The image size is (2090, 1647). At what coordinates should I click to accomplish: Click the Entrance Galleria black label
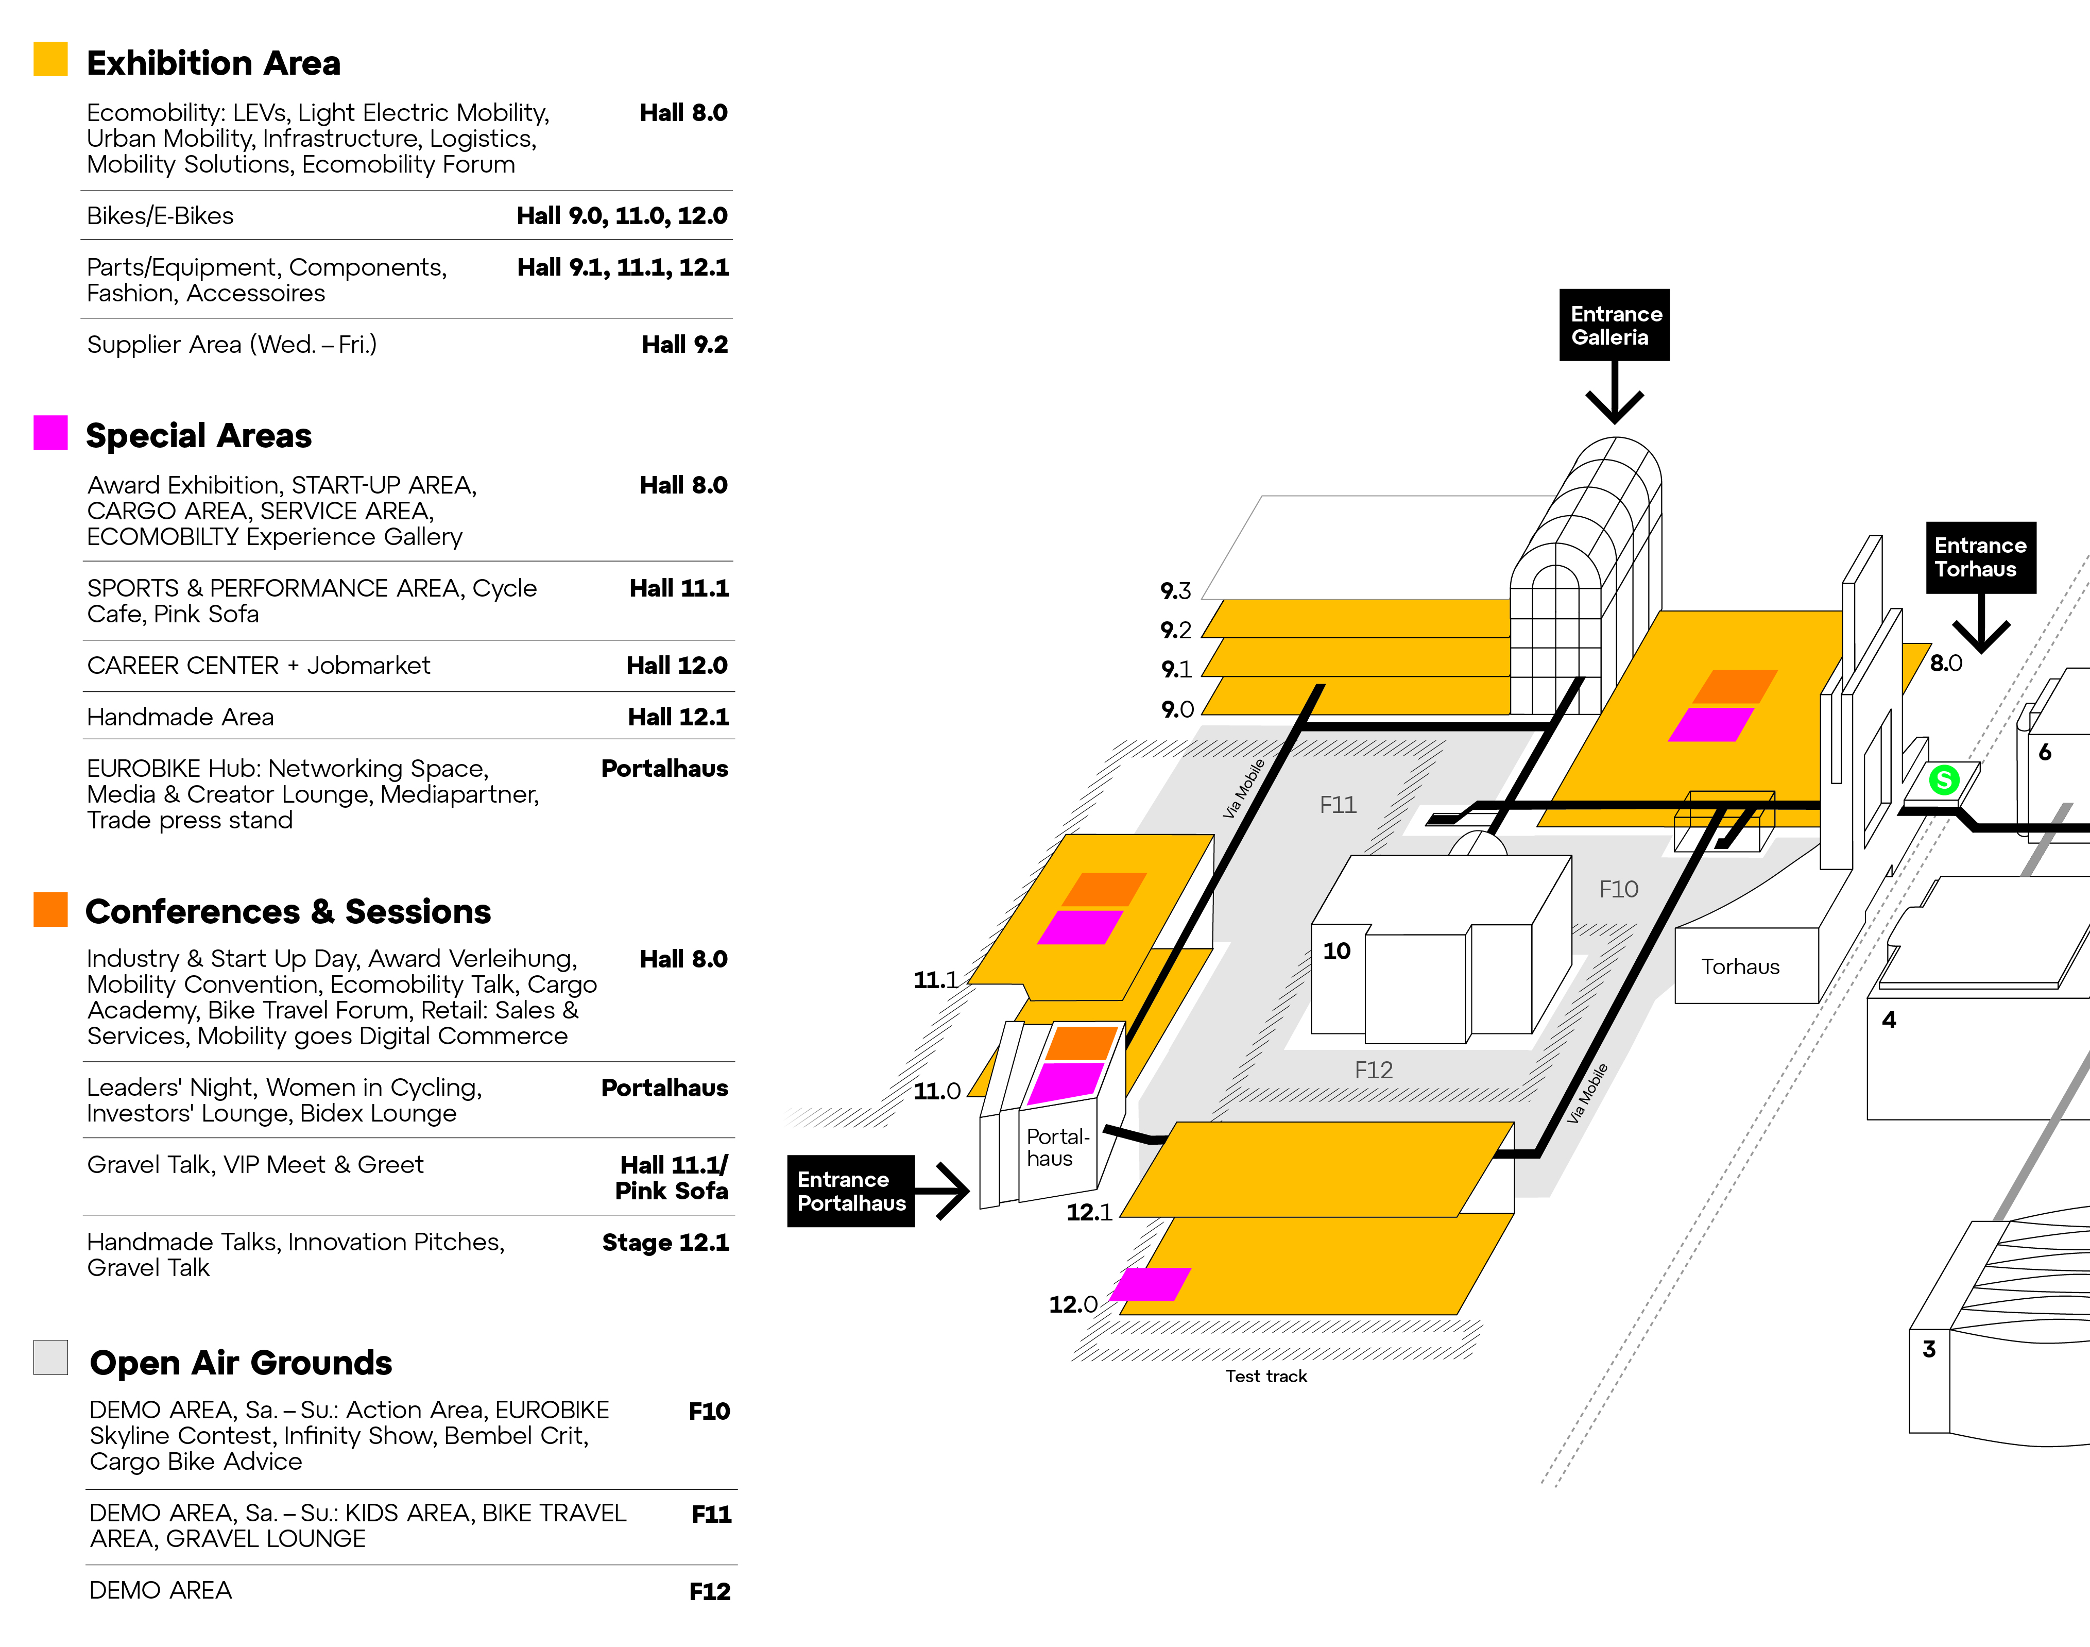(1614, 325)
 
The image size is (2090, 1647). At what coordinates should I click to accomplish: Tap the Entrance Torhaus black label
(1980, 557)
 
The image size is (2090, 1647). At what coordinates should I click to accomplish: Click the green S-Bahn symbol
(1943, 779)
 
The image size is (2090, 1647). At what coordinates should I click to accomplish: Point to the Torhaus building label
(1740, 966)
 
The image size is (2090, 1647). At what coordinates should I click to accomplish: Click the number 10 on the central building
(1336, 951)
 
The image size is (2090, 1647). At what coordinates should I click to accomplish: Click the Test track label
(1266, 1376)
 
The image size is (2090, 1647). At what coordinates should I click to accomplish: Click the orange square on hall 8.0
(1735, 687)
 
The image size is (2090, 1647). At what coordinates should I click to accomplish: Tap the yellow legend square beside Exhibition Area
(50, 59)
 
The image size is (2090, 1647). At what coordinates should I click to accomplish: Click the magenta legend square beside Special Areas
(50, 432)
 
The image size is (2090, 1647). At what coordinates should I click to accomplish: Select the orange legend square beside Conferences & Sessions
(50, 909)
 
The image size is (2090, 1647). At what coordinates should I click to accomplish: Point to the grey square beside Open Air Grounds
(50, 1357)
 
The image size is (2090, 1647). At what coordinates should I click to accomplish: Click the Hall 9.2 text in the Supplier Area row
(684, 344)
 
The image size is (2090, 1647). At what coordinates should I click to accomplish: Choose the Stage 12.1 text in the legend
(665, 1242)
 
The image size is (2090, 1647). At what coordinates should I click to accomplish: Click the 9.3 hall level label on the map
(1175, 590)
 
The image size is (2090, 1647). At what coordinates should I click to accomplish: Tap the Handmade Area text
(180, 717)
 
